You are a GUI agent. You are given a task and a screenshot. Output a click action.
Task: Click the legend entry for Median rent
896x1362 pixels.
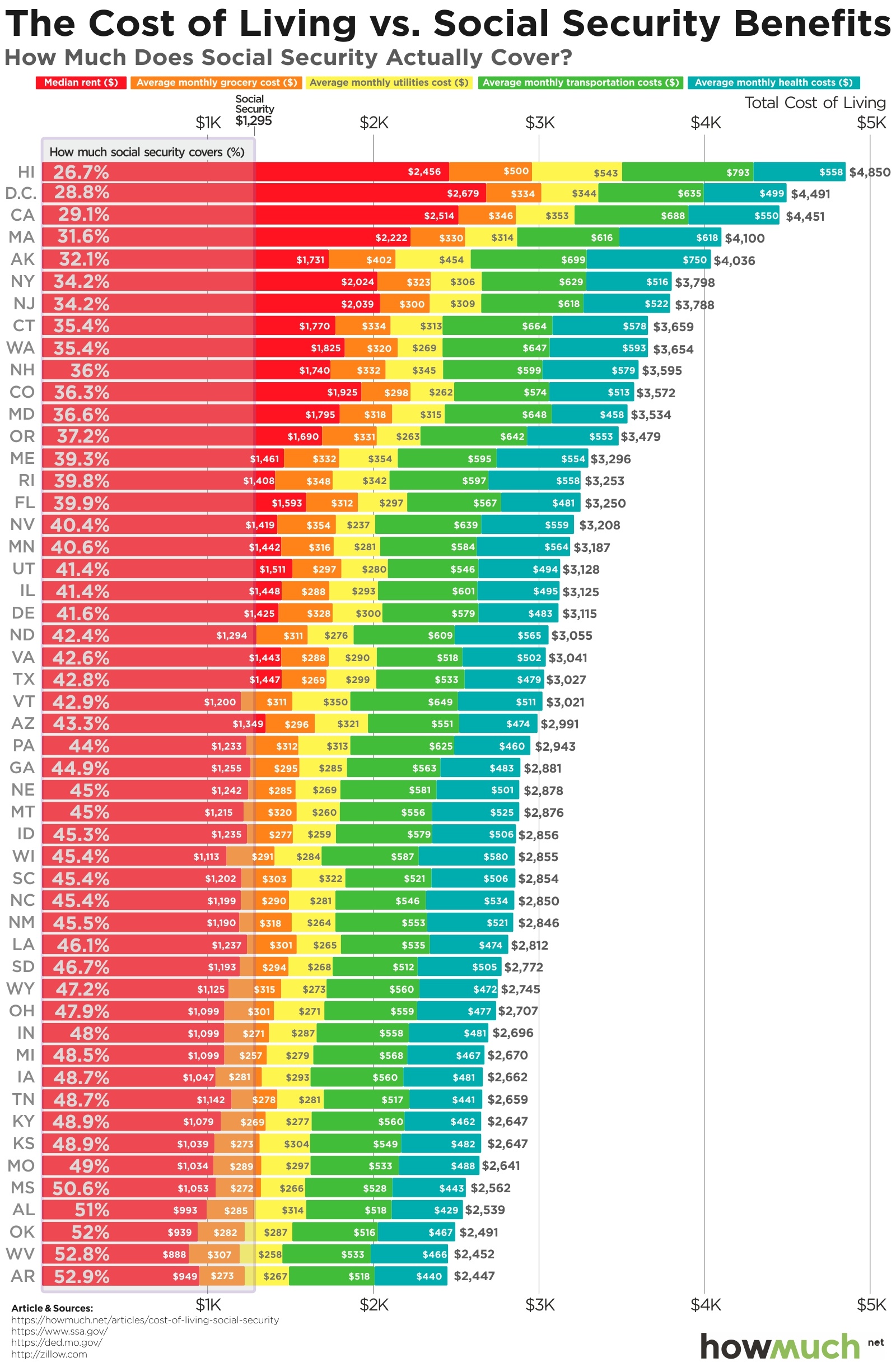tap(81, 82)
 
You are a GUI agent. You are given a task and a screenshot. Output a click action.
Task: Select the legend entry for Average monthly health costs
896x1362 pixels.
tap(773, 82)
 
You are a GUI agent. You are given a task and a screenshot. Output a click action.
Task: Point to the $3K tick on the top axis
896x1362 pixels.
tap(539, 123)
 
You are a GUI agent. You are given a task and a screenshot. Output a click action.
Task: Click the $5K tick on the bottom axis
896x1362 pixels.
tap(870, 1304)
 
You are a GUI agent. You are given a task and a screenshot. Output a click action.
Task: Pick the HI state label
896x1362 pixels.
tap(26, 171)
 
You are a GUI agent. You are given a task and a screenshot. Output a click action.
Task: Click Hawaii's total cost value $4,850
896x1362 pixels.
tap(869, 172)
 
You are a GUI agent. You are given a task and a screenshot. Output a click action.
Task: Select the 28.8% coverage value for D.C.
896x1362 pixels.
tap(81, 193)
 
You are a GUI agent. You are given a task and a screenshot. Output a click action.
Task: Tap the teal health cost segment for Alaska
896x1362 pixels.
tap(648, 259)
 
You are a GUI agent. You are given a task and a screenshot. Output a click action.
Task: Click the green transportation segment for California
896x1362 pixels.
tap(631, 216)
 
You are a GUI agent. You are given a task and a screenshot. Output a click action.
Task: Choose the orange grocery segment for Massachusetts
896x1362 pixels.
tap(437, 238)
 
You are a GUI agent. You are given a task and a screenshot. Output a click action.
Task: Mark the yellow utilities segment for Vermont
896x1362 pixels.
tap(321, 701)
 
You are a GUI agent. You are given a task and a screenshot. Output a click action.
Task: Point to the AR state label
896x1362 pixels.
tap(23, 1276)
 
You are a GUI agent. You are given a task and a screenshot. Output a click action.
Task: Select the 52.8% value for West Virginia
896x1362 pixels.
tap(81, 1254)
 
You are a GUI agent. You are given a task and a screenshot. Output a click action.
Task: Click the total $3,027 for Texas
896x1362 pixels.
tap(565, 680)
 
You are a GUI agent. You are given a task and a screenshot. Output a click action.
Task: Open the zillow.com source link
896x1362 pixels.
tap(49, 1354)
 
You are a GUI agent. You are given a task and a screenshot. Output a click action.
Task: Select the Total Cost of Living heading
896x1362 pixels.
tap(814, 103)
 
